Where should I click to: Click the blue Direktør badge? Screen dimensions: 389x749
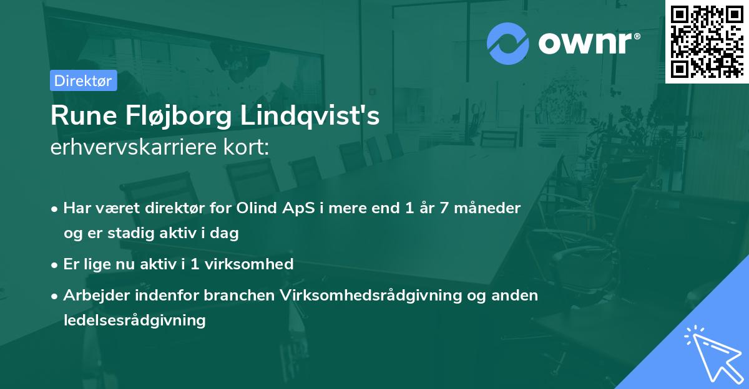83,80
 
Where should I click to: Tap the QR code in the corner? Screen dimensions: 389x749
707,41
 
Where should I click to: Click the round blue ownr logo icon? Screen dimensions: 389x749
508,44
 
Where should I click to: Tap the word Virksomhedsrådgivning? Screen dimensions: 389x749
371,295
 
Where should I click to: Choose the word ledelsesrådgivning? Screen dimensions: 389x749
134,320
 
